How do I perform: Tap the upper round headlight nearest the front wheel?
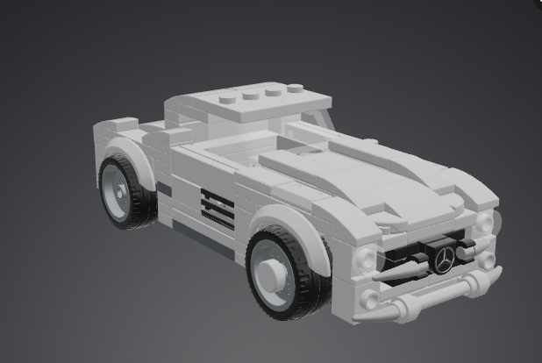[366, 257]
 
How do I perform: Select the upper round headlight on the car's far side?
[484, 223]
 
